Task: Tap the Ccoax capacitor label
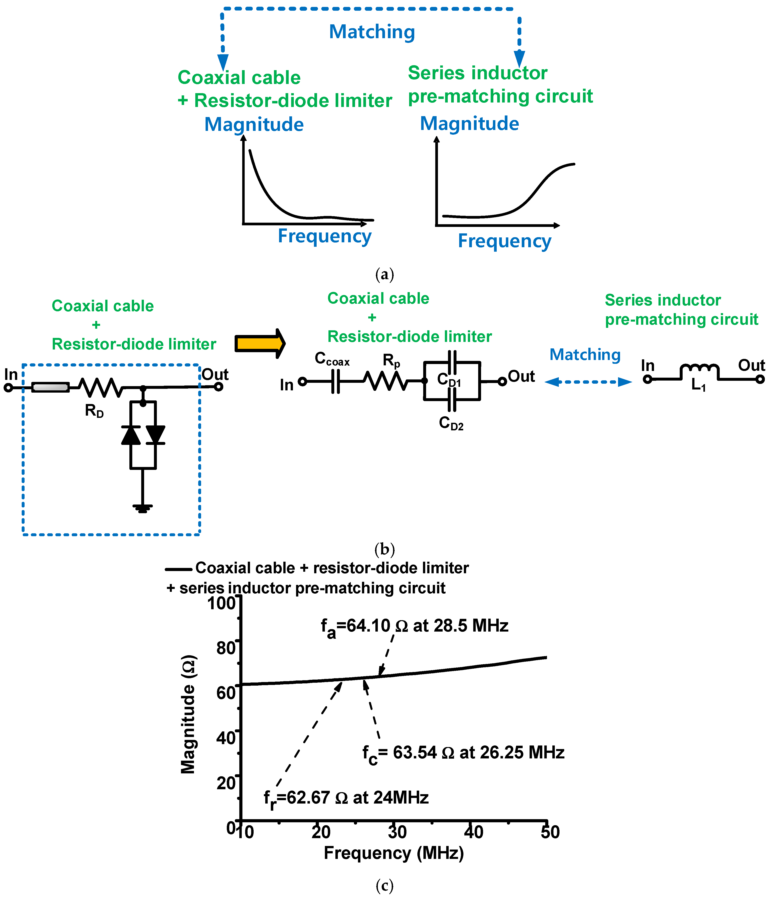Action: (x=332, y=359)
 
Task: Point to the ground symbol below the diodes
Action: (x=143, y=508)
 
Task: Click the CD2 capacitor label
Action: (x=451, y=423)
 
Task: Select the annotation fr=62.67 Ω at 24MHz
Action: (x=346, y=798)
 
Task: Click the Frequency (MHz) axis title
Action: (x=394, y=853)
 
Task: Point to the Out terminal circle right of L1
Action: (x=760, y=379)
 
